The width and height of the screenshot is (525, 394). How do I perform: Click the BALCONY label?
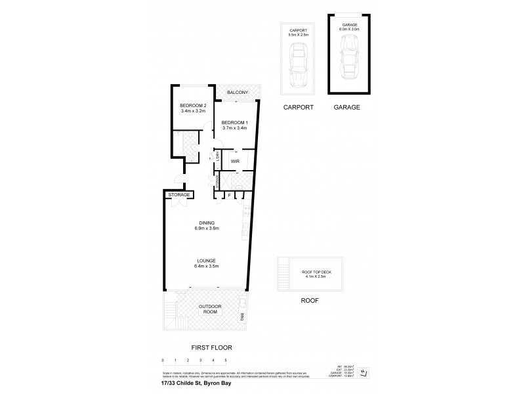[238, 93]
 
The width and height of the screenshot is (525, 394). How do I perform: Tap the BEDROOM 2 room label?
[194, 106]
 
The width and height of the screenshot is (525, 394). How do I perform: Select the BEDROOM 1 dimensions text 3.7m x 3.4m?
[234, 127]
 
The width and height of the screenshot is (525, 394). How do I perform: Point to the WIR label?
[235, 159]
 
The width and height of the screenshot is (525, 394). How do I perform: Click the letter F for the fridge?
[230, 195]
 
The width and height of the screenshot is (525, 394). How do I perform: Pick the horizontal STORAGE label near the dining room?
[179, 195]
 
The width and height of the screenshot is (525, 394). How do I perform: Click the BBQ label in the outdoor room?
[242, 318]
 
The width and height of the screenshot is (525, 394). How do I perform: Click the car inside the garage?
[348, 58]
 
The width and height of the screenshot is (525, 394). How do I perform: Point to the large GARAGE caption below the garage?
[347, 106]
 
